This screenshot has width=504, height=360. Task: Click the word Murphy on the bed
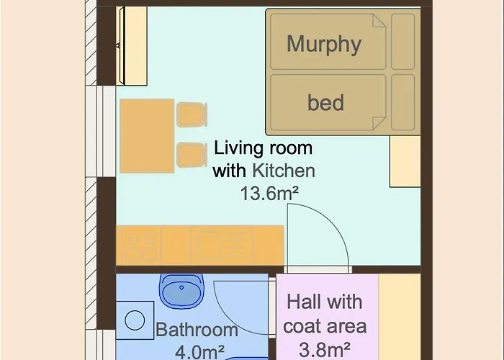point(324,45)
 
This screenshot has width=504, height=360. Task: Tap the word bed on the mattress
point(325,102)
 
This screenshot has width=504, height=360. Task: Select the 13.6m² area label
point(269,194)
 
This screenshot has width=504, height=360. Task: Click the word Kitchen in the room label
point(284,171)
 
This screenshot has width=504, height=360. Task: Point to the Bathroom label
point(197,330)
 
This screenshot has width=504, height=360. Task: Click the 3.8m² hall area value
point(325,349)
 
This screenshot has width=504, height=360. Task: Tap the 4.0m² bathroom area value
point(199,352)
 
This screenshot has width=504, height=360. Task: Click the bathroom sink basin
point(181,291)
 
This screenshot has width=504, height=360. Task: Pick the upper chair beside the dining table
point(192,114)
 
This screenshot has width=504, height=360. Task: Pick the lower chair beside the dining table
point(192,155)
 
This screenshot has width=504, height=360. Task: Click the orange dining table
point(147,136)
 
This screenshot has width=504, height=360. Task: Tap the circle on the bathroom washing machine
point(135,320)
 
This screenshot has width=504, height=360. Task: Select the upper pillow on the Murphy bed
point(403,42)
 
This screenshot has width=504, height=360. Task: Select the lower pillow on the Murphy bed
point(403,102)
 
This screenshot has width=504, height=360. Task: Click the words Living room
point(263,148)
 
